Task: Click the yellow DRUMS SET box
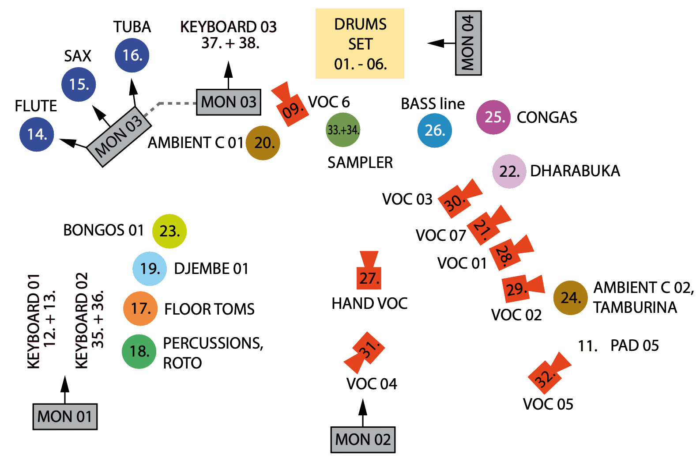click(x=360, y=44)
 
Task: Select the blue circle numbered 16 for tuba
click(x=132, y=55)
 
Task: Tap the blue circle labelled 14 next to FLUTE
click(x=37, y=134)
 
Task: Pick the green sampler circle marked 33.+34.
click(x=343, y=130)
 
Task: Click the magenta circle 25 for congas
click(x=494, y=117)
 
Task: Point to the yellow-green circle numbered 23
click(x=169, y=231)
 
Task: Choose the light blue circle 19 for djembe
click(x=150, y=269)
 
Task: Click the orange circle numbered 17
click(x=140, y=308)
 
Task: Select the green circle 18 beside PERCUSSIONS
click(x=139, y=352)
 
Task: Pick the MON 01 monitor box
click(x=65, y=416)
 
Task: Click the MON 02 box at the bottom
click(x=363, y=440)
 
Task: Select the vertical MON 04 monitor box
click(x=468, y=43)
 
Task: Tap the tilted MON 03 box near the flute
click(x=119, y=137)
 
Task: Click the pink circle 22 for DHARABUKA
click(x=509, y=171)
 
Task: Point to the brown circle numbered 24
click(x=570, y=298)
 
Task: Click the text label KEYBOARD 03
click(x=229, y=27)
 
